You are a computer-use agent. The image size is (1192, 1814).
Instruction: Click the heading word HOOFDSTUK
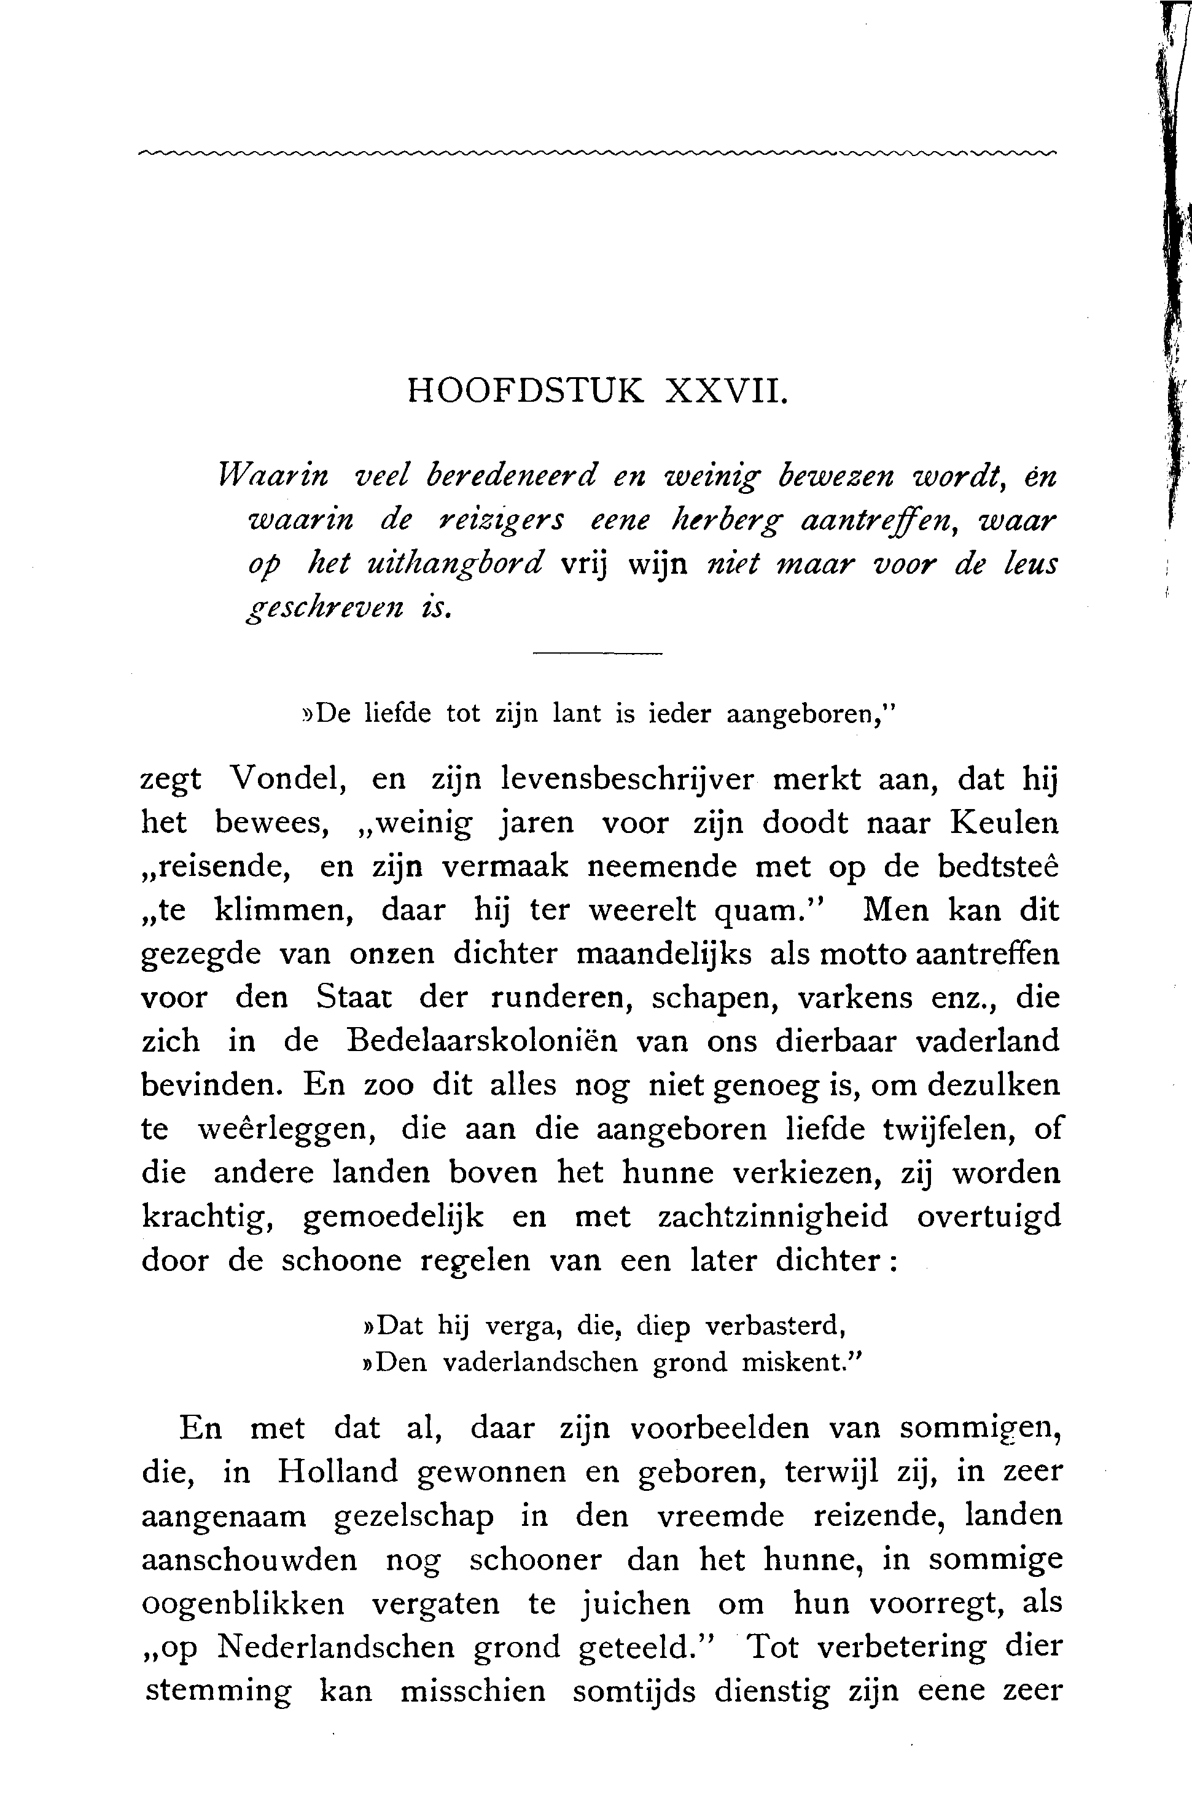point(525,391)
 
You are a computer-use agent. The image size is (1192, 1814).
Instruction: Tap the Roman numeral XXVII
point(724,391)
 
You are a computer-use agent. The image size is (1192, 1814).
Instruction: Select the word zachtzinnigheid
point(772,1216)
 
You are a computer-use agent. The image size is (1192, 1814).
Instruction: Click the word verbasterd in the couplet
point(776,1327)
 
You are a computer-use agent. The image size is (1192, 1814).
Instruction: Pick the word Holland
point(338,1471)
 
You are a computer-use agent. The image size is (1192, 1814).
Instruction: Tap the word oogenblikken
point(243,1604)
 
